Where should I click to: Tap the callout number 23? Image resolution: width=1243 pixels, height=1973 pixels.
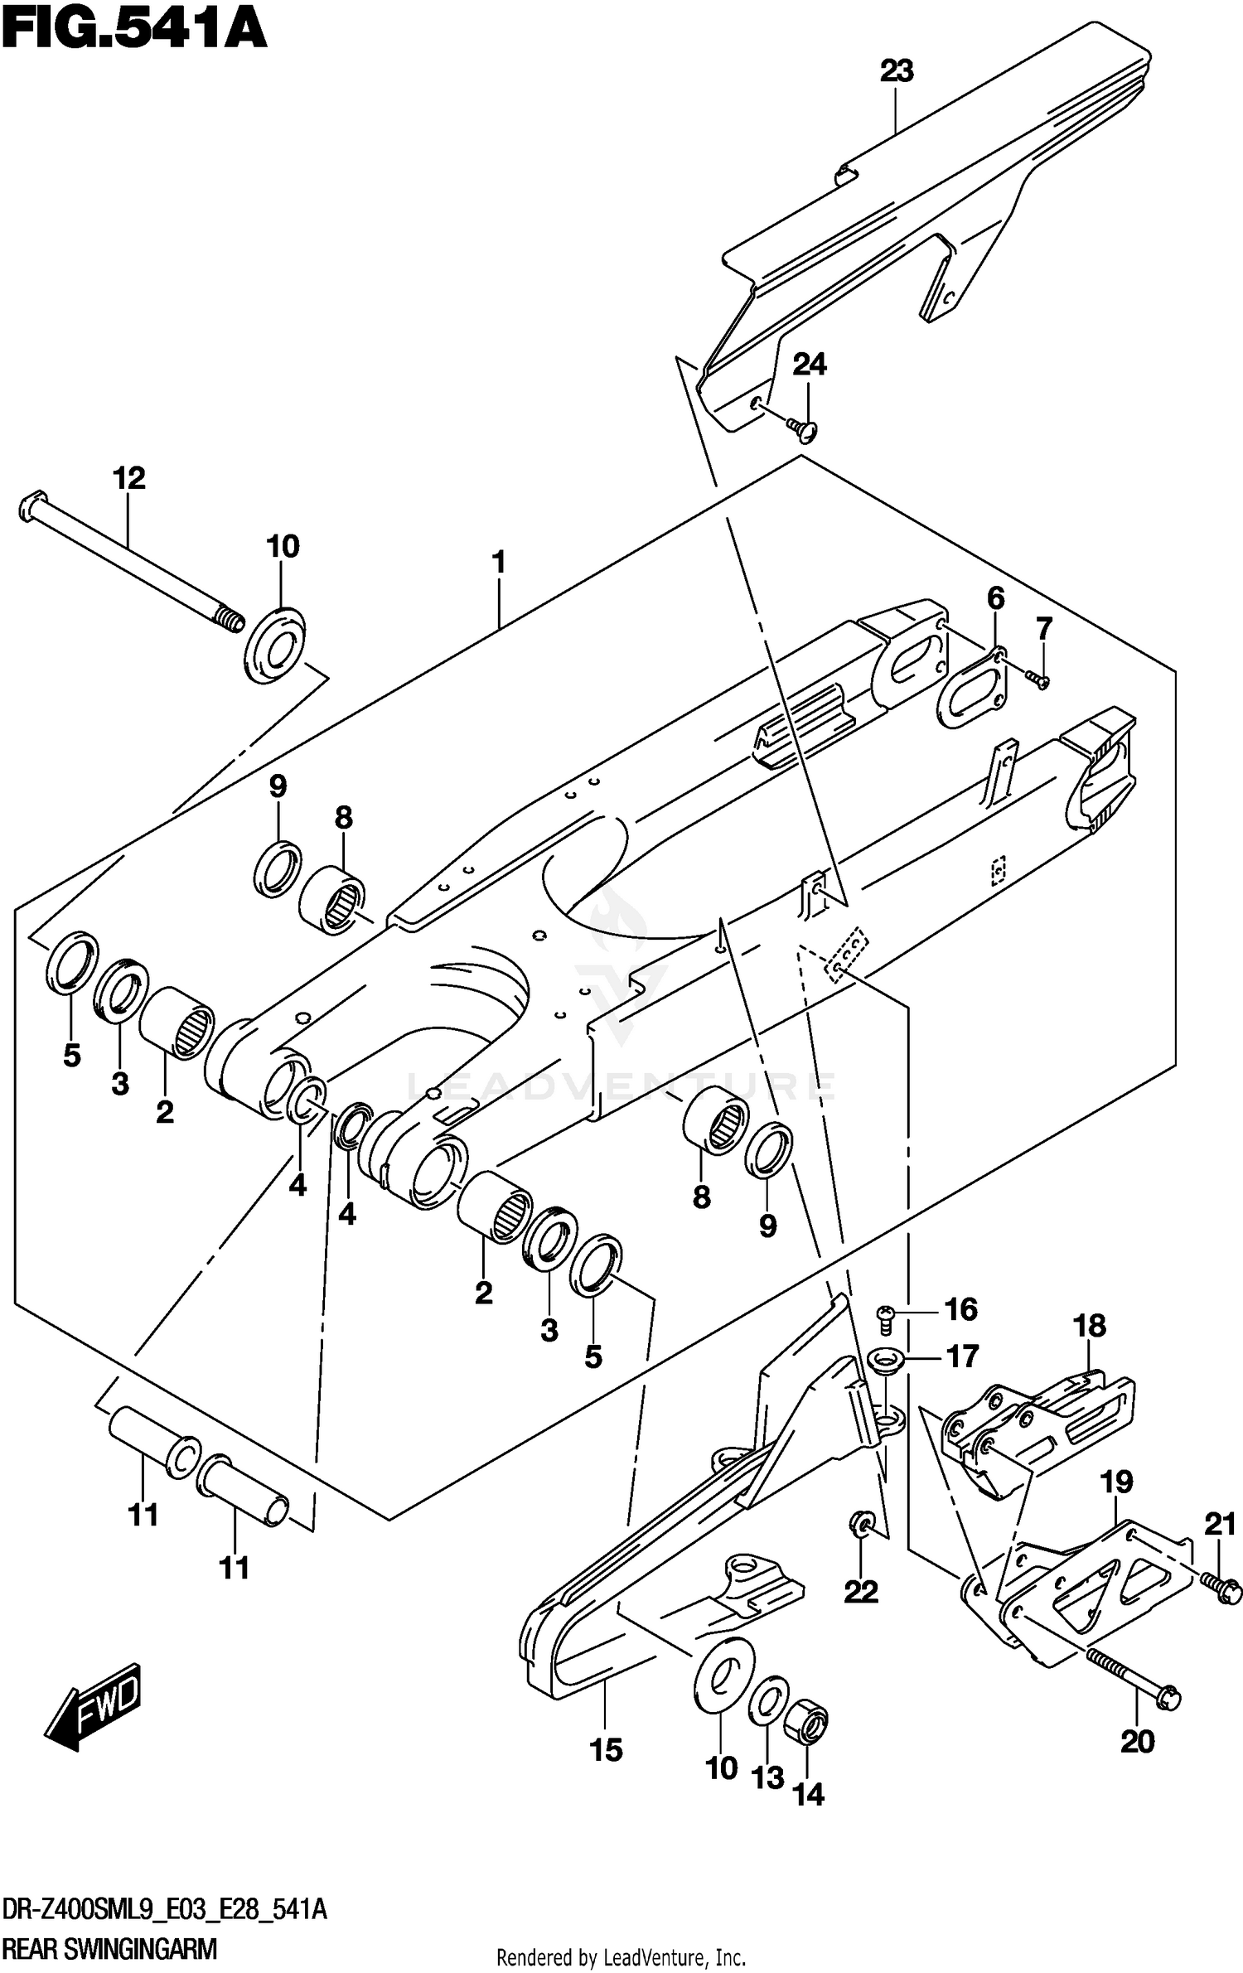pos(896,71)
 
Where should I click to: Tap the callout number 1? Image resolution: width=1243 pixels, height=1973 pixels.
pos(498,563)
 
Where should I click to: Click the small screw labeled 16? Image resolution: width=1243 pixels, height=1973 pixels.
pos(886,1316)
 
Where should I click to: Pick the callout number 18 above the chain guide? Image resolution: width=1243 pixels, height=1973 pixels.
pos(1090,1326)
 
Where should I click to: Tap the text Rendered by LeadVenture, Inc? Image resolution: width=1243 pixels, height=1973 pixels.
pos(621,1951)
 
